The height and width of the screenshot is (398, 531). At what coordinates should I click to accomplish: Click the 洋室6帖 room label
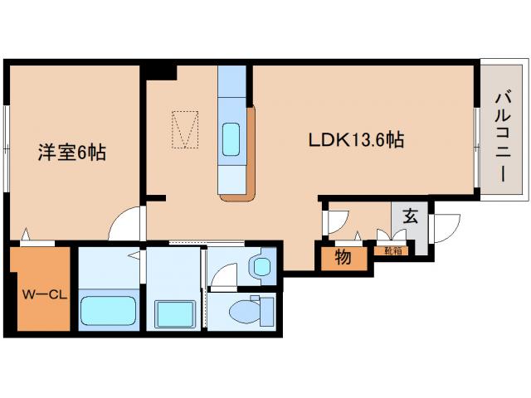pos(72,153)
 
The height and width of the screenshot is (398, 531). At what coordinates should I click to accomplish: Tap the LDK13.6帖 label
pos(356,140)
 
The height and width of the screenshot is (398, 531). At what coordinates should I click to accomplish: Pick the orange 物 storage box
pos(342,257)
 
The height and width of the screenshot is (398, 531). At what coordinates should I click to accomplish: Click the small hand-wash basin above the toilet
pos(261,267)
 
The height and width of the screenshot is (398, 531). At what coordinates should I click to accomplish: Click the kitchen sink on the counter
pos(232,137)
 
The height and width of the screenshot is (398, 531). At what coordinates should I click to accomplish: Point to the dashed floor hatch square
pos(185,129)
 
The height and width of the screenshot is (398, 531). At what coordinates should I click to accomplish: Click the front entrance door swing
pos(446,226)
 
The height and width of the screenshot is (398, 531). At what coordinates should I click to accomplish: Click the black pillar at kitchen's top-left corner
pos(163,71)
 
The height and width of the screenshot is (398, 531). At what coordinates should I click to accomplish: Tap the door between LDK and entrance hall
pos(334,219)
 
